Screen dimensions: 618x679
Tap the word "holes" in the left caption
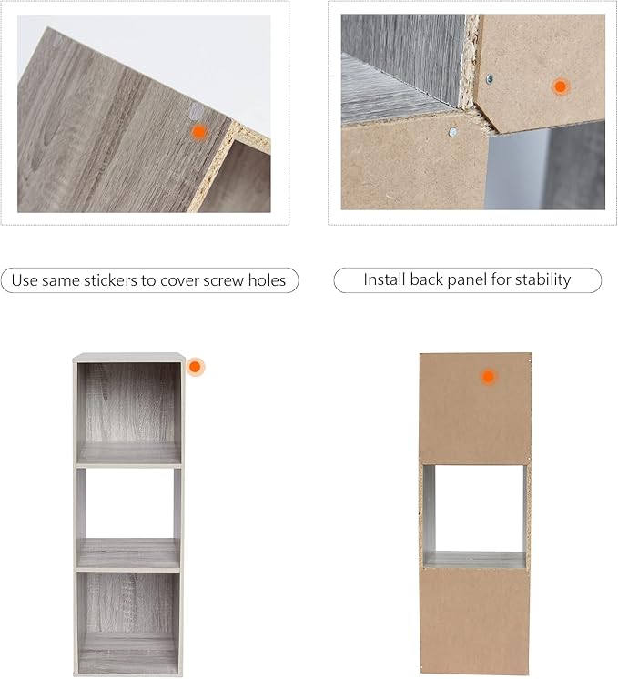pos(267,280)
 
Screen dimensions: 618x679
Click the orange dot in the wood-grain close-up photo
pos(198,132)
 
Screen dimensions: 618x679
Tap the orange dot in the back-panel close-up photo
pos(561,86)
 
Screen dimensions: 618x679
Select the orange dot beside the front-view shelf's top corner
pos(195,367)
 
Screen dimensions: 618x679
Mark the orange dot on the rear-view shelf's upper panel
pos(488,376)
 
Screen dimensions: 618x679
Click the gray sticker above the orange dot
pos(197,111)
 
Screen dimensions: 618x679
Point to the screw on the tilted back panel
pos(490,78)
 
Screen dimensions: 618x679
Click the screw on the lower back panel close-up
pos(453,132)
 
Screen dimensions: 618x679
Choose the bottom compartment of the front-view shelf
pos(129,622)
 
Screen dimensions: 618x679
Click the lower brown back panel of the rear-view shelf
pos(475,621)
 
